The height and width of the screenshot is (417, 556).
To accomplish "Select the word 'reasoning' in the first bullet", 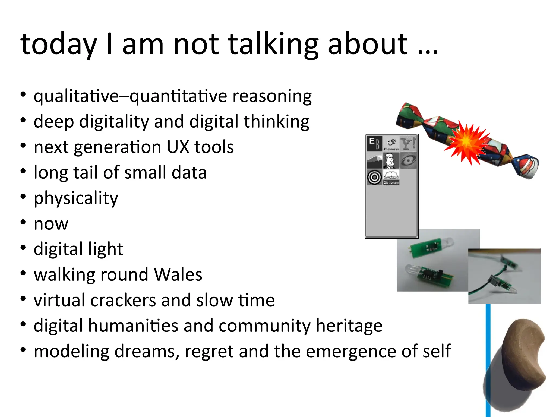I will tap(272, 96).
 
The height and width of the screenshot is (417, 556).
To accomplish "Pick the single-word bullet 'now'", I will tap(51, 224).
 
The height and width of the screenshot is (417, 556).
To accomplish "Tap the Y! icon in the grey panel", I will tap(408, 144).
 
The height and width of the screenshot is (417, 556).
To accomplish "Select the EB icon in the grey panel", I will tap(374, 144).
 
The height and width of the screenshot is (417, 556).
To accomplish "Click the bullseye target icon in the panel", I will tap(374, 177).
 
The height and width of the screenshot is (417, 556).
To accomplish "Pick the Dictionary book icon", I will tap(391, 177).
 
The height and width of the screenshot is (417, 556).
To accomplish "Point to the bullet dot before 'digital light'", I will tap(23, 248).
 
